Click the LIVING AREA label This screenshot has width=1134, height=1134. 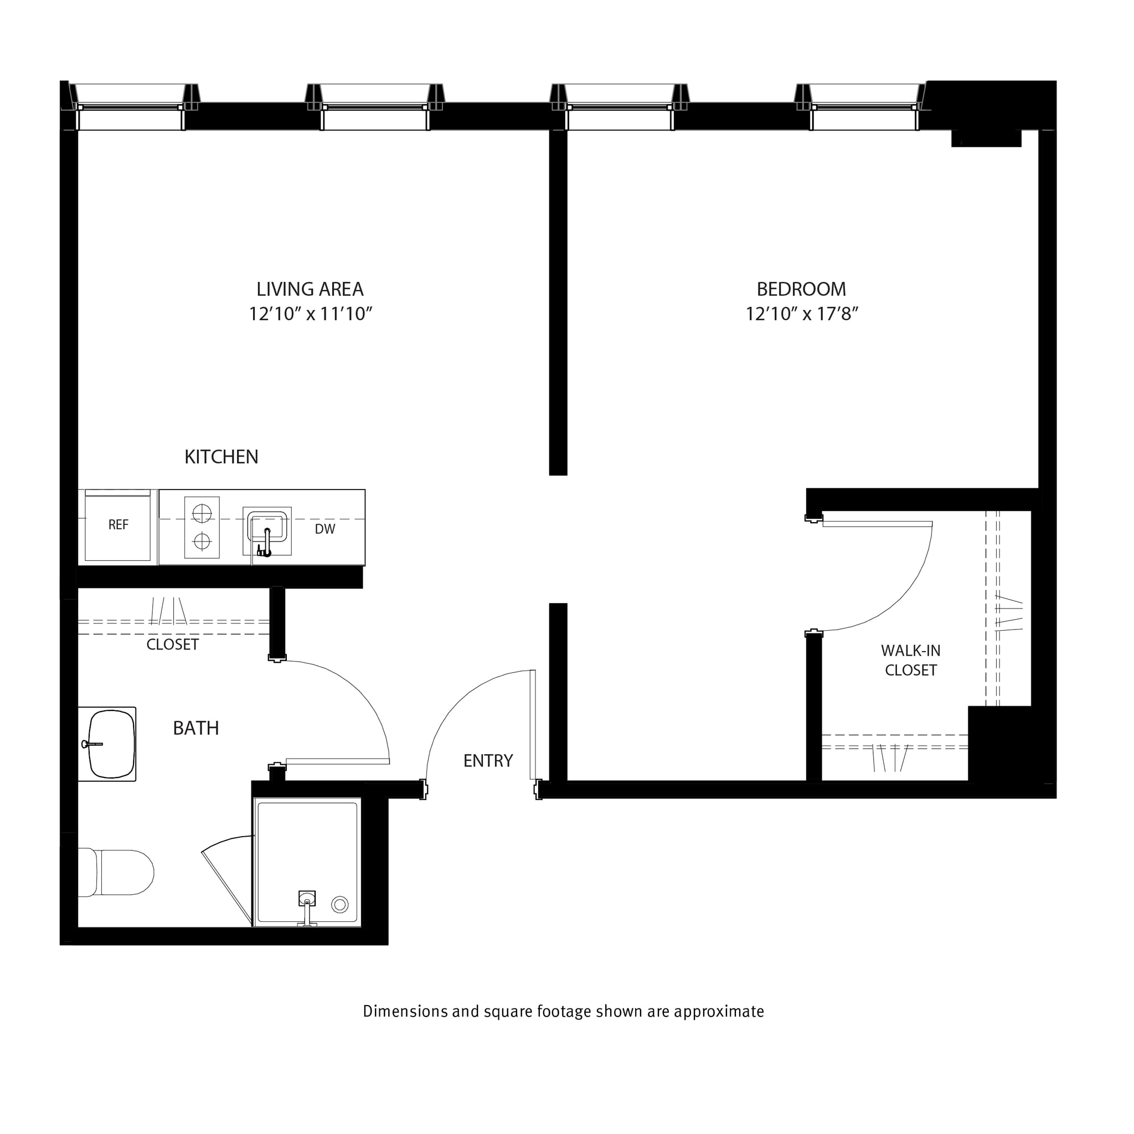point(310,290)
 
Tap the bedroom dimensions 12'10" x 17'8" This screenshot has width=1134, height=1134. point(801,314)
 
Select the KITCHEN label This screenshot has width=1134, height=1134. point(221,457)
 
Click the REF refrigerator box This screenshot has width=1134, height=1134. point(118,525)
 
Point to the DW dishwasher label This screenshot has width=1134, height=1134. point(324,529)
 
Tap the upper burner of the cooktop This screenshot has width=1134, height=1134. point(202,514)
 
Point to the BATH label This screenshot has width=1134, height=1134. point(196,729)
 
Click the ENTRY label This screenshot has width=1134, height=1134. point(488,761)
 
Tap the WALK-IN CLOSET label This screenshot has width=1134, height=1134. point(910,661)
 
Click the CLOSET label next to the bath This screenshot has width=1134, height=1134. point(173,645)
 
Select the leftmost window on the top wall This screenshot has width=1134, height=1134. point(130,107)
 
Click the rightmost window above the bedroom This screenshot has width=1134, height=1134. point(864,107)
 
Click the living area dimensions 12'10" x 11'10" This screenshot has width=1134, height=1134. point(311,314)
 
